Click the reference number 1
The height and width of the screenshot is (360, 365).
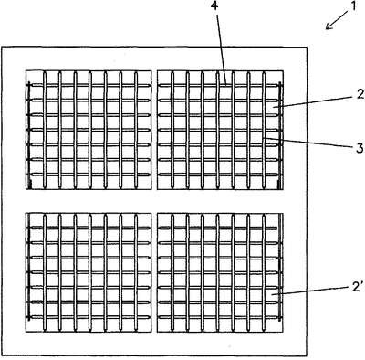352,6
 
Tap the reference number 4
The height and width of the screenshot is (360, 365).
214,6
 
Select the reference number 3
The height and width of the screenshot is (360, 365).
360,148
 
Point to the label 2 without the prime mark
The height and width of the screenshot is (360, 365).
360,94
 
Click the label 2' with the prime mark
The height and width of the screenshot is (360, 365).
358,287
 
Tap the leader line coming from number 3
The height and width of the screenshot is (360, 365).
308,143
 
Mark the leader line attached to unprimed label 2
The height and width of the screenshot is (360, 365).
313,101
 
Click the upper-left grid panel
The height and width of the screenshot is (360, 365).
89,130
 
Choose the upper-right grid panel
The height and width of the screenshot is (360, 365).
220,130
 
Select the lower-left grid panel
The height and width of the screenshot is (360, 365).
89,272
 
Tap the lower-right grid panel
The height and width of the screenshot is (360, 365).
220,272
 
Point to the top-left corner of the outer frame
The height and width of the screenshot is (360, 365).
2,47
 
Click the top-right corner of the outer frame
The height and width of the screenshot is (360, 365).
307,47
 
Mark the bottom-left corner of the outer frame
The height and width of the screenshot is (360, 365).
2,355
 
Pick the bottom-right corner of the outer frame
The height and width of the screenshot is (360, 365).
307,355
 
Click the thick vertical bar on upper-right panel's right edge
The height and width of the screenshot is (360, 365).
280,135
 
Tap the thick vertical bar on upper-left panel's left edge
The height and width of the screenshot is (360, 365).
29,135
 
